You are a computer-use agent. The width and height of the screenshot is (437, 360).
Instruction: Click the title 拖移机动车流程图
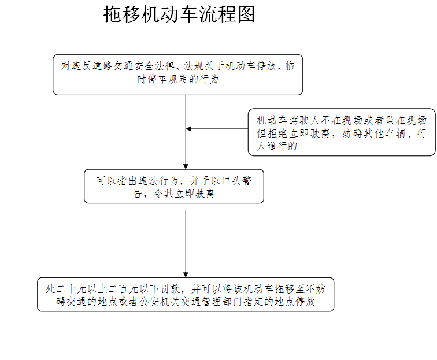[x=179, y=14]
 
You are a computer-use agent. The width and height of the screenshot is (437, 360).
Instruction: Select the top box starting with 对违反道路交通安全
[x=178, y=75]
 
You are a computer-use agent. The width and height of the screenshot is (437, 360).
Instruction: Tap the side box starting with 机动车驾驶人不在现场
[x=342, y=132]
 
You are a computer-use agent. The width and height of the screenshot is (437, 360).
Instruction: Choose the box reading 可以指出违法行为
[x=174, y=186]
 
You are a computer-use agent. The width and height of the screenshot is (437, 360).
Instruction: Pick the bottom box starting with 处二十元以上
[x=186, y=294]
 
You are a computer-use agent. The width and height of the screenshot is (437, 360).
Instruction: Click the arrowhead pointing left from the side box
[x=188, y=129]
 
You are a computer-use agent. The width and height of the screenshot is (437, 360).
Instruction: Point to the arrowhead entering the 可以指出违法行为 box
[x=186, y=166]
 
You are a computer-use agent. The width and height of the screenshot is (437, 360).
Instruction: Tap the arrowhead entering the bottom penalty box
[x=186, y=274]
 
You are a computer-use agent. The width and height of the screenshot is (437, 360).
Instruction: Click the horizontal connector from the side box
[x=217, y=129]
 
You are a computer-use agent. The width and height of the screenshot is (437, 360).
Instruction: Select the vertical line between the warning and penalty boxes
[x=186, y=243]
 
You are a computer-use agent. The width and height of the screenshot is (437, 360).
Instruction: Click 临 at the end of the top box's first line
[x=290, y=66]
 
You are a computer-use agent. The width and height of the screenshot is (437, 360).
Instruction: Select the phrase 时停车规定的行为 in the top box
[x=178, y=79]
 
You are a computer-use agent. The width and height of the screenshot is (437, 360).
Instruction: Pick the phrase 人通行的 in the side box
[x=277, y=146]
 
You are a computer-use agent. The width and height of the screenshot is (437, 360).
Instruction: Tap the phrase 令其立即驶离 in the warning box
[x=184, y=194]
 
